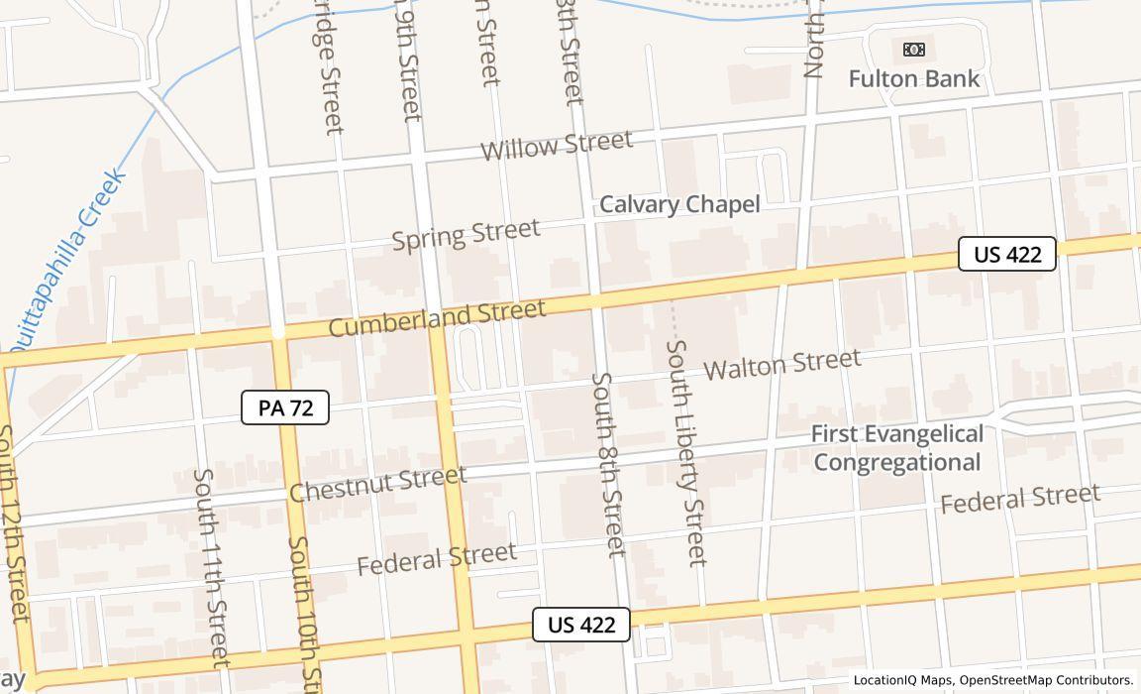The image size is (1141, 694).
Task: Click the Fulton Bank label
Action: pyautogui.click(x=913, y=78)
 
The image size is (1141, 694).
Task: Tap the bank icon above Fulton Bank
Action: pyautogui.click(x=913, y=49)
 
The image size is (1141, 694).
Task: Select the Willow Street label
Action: pyautogui.click(x=556, y=146)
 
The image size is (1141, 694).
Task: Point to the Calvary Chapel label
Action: pyautogui.click(x=679, y=204)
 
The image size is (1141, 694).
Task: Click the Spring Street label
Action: pyautogui.click(x=466, y=235)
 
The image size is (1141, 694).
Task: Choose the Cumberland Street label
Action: pyautogui.click(x=437, y=318)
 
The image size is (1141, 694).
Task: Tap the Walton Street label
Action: pyautogui.click(x=782, y=364)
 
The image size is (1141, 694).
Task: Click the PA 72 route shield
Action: pyautogui.click(x=285, y=407)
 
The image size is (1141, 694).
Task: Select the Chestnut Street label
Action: pyautogui.click(x=378, y=484)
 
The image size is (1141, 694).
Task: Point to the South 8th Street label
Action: pyautogui.click(x=609, y=463)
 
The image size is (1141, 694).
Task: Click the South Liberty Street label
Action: pyautogui.click(x=686, y=452)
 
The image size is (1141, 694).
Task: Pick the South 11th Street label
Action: pyautogui.click(x=211, y=566)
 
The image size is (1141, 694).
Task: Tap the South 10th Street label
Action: pyautogui.click(x=304, y=615)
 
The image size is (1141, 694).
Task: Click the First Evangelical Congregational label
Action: pyautogui.click(x=897, y=448)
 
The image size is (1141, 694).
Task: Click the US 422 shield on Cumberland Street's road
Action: pyautogui.click(x=1007, y=255)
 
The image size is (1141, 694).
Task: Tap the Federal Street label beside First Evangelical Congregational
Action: pyautogui.click(x=1019, y=498)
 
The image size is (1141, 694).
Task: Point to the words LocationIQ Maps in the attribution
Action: pyautogui.click(x=902, y=680)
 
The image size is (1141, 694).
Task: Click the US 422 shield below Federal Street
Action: pyautogui.click(x=581, y=625)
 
